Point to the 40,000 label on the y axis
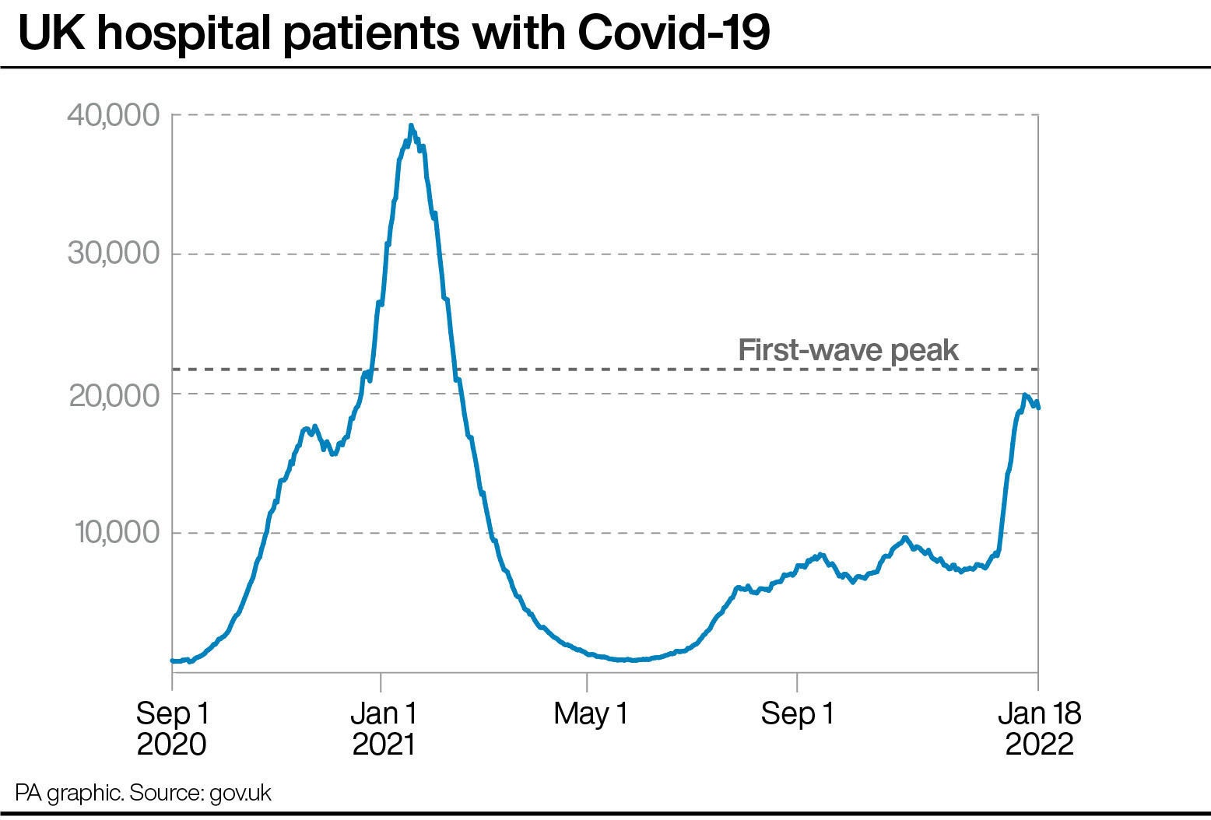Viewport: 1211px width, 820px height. (x=114, y=116)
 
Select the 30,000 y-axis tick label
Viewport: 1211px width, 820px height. (x=114, y=254)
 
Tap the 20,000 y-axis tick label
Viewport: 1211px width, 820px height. (x=114, y=395)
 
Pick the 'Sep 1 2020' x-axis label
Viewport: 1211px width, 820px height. (x=172, y=728)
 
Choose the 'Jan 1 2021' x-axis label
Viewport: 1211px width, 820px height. (x=383, y=728)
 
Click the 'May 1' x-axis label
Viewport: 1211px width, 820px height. (x=590, y=713)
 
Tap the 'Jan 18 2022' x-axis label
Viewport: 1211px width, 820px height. (x=1039, y=728)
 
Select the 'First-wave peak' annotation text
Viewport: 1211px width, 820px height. (x=848, y=350)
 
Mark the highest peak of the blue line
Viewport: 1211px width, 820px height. (x=411, y=126)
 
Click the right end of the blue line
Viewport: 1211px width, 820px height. (x=1038, y=407)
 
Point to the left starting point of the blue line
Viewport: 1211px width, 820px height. (x=173, y=661)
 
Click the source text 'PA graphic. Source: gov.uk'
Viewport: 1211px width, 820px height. (x=143, y=793)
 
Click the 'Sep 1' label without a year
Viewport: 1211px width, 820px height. (x=797, y=713)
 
